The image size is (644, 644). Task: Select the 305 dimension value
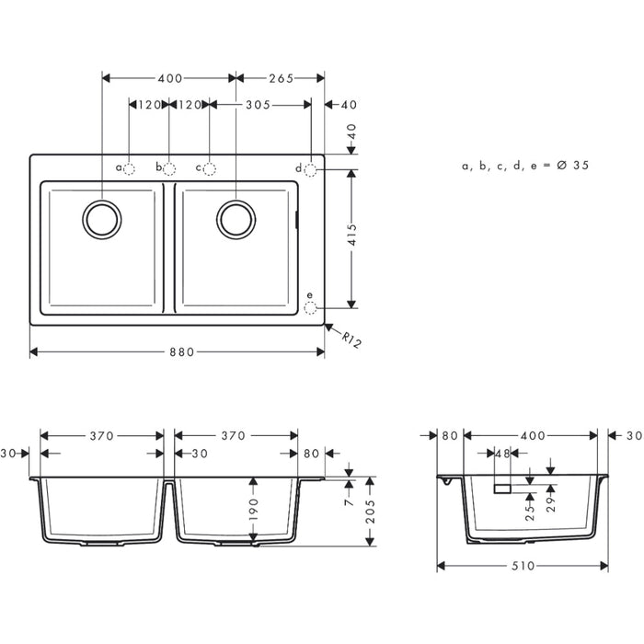(257, 106)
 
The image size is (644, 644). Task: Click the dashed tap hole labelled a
(130, 168)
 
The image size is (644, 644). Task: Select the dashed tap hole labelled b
(170, 168)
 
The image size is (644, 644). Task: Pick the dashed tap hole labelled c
(210, 168)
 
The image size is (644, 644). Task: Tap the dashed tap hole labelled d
(311, 168)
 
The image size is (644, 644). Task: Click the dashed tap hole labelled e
(311, 305)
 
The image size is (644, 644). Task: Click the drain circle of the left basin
(101, 218)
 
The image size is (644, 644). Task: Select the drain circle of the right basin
(236, 218)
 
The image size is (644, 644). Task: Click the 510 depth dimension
(523, 567)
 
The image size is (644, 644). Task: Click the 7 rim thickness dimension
(350, 500)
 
